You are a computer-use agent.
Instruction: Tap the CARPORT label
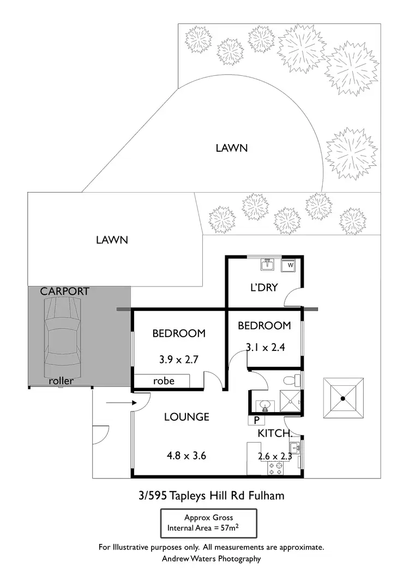tap(64, 291)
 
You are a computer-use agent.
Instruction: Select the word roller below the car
tap(61, 380)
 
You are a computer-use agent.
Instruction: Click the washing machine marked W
tap(290, 265)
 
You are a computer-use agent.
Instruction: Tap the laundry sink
tap(268, 265)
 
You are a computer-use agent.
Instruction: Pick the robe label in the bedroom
tap(164, 380)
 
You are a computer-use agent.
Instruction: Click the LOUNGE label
tap(187, 417)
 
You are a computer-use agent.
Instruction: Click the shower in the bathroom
tap(290, 402)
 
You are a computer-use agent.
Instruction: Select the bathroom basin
tap(264, 405)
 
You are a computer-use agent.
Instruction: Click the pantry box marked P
tap(256, 420)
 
